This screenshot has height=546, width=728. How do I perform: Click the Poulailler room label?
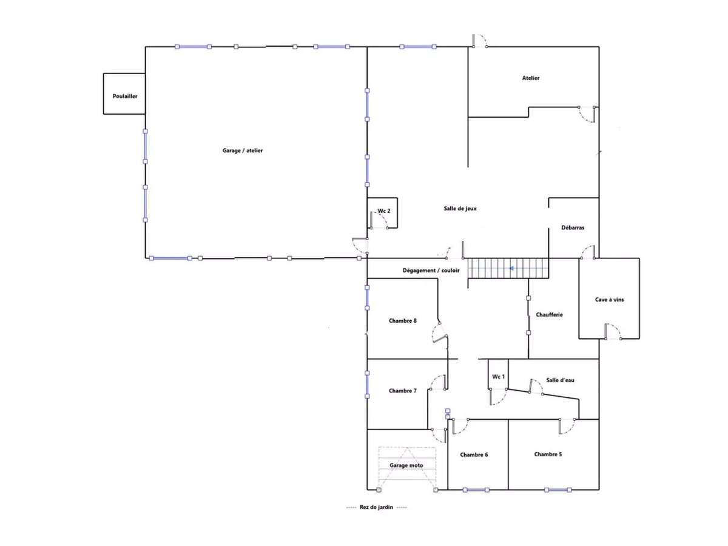coord(125,96)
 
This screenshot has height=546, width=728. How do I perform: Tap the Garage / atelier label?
coord(243,150)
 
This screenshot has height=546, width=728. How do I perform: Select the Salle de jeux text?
coord(460,209)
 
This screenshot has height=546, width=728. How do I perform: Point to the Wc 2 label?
coord(384,211)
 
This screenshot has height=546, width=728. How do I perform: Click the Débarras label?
coord(573,227)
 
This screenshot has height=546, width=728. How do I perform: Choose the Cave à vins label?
coord(609,300)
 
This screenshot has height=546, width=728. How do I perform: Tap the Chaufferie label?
coord(549,315)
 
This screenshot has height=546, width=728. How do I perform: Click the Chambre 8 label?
coord(403,320)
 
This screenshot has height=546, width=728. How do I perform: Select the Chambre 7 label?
coord(403,391)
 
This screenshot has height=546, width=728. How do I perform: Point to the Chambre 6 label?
coord(474,455)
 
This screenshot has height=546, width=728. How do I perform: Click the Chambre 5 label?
coord(548,454)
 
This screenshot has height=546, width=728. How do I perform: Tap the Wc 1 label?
coord(498,377)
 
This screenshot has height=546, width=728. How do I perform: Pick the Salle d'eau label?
coord(560,380)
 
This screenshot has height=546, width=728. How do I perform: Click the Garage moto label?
coord(406,465)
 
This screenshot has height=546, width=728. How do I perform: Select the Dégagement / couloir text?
coord(431,271)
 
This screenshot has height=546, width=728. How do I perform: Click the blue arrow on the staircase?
coord(512,268)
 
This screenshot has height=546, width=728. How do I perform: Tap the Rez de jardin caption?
coord(376,507)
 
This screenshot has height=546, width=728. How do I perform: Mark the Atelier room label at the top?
coord(531,78)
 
